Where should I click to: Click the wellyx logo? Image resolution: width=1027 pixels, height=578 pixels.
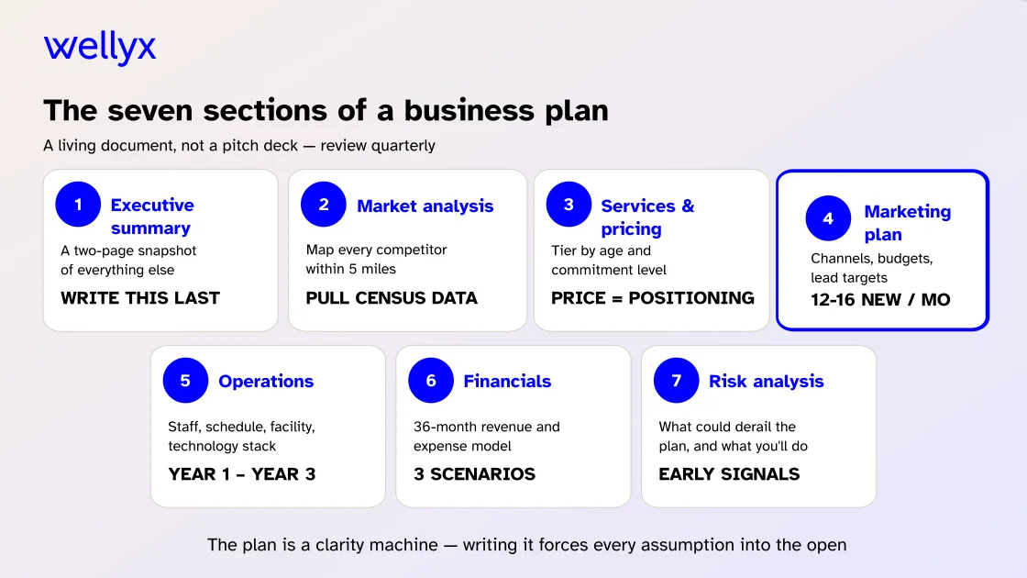pyautogui.click(x=100, y=48)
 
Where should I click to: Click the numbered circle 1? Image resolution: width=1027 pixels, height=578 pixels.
pyautogui.click(x=78, y=205)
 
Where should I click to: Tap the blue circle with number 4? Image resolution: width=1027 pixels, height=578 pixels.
pyautogui.click(x=828, y=218)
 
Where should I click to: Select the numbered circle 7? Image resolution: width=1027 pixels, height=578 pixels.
pyautogui.click(x=677, y=381)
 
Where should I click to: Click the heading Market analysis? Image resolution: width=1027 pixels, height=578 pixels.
pyautogui.click(x=425, y=206)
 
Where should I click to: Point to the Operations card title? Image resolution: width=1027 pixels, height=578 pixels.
pyautogui.click(x=266, y=382)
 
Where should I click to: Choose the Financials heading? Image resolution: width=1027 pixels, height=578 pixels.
pyautogui.click(x=507, y=382)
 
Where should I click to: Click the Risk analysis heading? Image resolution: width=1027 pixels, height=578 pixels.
pyautogui.click(x=766, y=382)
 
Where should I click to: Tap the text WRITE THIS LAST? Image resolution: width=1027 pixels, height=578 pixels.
pyautogui.click(x=140, y=298)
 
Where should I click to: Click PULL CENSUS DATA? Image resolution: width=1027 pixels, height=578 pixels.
pyautogui.click(x=392, y=298)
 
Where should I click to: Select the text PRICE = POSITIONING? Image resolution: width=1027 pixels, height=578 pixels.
pyautogui.click(x=652, y=298)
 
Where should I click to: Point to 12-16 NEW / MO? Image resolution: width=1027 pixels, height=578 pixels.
pyautogui.click(x=880, y=300)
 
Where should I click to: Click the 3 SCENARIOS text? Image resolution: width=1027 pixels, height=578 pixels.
pyautogui.click(x=474, y=474)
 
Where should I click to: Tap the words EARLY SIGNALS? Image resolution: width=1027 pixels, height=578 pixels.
pyautogui.click(x=729, y=474)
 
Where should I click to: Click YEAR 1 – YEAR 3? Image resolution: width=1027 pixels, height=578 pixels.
pyautogui.click(x=242, y=474)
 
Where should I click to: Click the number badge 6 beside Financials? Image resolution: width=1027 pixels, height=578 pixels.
pyautogui.click(x=431, y=381)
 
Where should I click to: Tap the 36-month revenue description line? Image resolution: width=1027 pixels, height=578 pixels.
pyautogui.click(x=486, y=427)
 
